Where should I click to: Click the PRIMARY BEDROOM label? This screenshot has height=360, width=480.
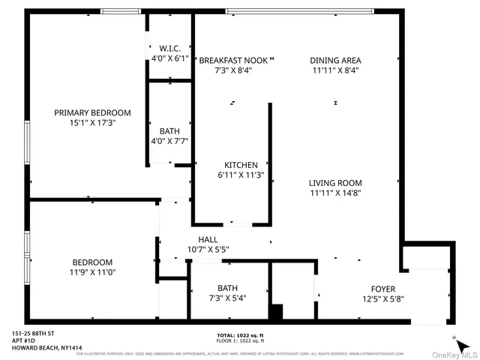point(87,112)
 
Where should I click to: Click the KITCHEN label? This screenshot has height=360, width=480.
point(241,165)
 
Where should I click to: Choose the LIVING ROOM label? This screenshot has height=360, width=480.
point(335,182)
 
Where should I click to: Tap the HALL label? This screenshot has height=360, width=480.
point(208,239)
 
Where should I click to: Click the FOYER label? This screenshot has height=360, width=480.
point(382,289)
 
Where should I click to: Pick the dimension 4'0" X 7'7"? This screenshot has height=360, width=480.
point(169,140)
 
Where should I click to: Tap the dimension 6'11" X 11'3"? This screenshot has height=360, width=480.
point(241,175)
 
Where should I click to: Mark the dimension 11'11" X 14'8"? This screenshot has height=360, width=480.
point(335,192)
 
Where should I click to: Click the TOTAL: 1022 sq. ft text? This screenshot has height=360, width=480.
point(240,334)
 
